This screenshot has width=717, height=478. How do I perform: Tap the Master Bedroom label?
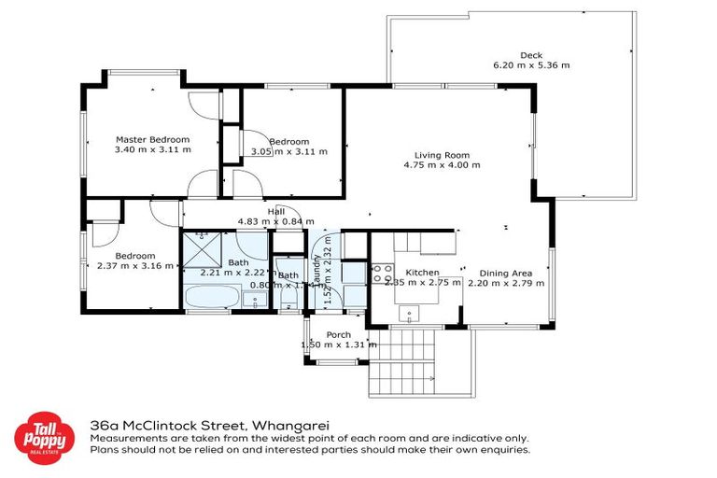coord(152,139)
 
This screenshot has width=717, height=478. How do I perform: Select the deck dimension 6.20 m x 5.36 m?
coord(530,65)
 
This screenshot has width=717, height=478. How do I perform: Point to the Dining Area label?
coord(505,273)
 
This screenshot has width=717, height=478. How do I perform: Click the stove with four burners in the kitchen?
coord(383,274)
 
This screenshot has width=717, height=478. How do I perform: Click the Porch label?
coord(338,334)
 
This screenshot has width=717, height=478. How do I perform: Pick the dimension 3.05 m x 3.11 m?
coord(289,151)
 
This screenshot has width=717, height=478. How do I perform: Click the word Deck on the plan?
coord(530,55)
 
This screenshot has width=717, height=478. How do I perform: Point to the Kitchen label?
coord(422,273)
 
